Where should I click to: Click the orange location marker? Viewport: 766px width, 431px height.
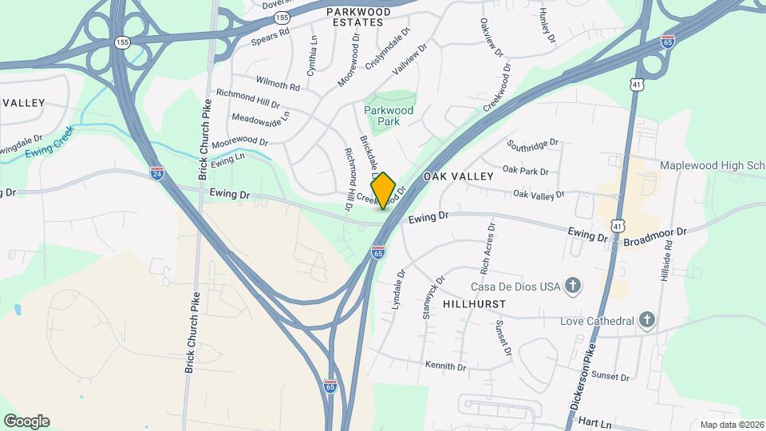(384, 190)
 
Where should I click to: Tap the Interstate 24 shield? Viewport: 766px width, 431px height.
(158, 172)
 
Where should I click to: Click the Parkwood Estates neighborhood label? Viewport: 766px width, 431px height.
(358, 17)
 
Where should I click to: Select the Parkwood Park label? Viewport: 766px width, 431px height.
(389, 117)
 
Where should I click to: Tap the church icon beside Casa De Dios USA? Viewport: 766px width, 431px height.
(572, 285)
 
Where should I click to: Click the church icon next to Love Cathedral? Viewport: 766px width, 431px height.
(647, 321)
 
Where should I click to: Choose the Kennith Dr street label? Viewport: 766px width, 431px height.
(445, 366)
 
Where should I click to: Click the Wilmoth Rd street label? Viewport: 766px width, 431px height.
(278, 82)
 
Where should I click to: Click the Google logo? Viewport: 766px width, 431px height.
(26, 421)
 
